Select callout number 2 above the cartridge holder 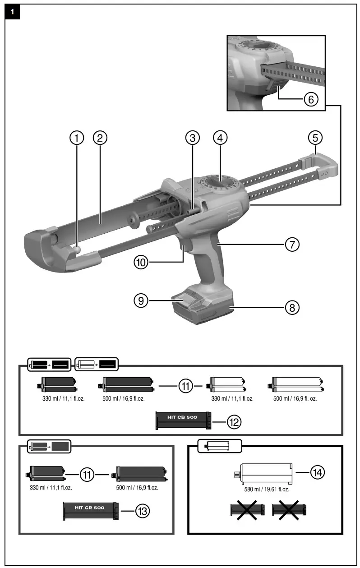coord(100,138)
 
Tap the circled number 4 coord(220,138)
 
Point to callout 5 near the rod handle coord(315,138)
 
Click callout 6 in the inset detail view coord(311,99)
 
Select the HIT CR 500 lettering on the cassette coord(89,508)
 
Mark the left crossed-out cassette coord(247,510)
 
